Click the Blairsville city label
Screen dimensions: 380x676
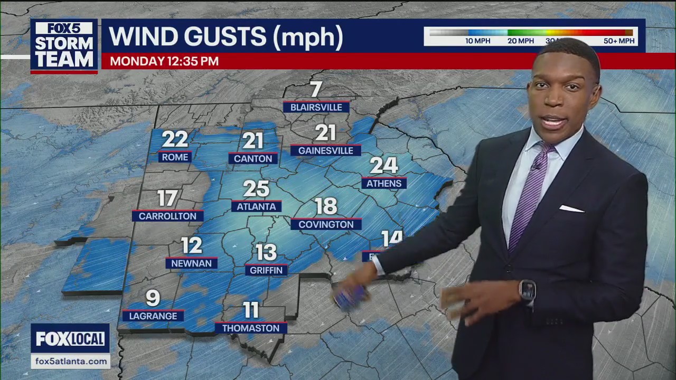316,107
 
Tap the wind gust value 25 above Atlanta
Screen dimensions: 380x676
256,189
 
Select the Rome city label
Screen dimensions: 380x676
175,157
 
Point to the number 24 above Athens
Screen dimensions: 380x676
383,166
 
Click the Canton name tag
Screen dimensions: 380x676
253,158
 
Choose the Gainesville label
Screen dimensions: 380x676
325,150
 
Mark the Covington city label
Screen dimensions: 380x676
326,224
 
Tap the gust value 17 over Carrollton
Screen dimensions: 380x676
167,198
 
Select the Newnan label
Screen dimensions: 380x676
191,263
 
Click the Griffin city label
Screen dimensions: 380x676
266,270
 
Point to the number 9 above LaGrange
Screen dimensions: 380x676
153,298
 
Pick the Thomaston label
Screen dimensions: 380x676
251,328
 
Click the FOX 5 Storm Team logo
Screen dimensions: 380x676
64,46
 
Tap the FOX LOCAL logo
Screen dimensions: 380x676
70,339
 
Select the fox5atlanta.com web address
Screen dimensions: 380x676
70,362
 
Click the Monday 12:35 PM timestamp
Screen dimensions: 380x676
164,61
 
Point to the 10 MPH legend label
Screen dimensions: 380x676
477,41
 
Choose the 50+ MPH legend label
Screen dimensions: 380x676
619,41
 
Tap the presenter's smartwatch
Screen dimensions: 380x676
527,290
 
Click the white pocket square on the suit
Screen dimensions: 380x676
571,209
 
